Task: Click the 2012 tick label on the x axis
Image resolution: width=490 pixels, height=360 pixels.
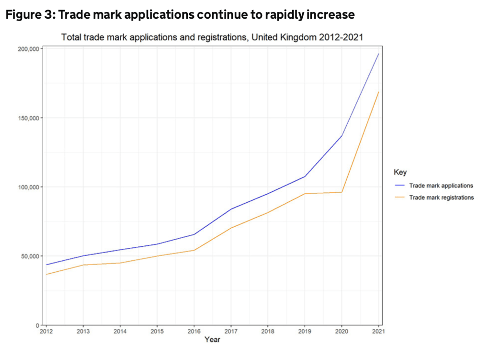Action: (x=46, y=331)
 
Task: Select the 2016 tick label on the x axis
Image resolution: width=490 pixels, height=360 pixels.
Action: (x=194, y=331)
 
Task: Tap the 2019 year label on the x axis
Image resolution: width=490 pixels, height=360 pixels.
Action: (x=305, y=331)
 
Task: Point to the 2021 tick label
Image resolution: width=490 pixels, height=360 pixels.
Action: (x=378, y=331)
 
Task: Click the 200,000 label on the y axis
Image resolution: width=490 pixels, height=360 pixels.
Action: (x=28, y=49)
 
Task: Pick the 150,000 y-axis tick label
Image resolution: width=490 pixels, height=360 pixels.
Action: (x=28, y=118)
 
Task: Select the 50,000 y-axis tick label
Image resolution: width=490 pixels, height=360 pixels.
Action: (x=29, y=256)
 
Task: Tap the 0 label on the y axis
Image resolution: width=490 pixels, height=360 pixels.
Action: (x=37, y=325)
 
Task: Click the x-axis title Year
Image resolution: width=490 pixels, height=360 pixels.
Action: (x=212, y=340)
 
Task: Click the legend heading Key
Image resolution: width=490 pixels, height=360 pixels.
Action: (x=400, y=172)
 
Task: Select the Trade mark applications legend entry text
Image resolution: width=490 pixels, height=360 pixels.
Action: (x=441, y=186)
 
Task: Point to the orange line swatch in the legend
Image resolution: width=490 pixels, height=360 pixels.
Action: (x=399, y=197)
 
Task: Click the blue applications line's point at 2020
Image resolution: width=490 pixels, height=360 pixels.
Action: (x=342, y=136)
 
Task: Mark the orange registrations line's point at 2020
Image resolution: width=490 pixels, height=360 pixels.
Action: (x=342, y=192)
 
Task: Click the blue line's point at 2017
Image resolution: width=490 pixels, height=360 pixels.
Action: (x=231, y=209)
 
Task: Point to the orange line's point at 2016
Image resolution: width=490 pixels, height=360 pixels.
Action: (x=194, y=250)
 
